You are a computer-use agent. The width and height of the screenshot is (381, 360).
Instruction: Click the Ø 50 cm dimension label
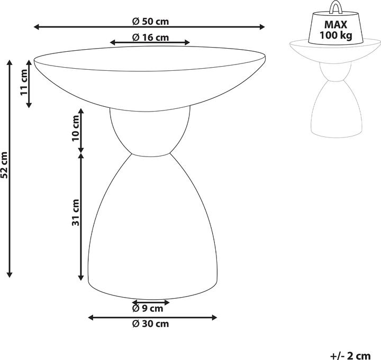tap(150, 22)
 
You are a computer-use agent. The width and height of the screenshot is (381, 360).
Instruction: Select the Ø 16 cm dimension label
tap(150, 37)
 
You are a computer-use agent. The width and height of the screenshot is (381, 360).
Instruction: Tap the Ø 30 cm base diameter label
tap(150, 323)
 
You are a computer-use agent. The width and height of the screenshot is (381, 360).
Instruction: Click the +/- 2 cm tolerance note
tap(350, 355)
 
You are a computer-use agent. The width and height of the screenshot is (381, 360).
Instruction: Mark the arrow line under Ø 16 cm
tap(150, 43)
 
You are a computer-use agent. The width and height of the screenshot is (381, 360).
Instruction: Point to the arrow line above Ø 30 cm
tap(152, 317)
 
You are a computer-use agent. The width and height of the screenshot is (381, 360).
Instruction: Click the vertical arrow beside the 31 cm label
tap(81, 217)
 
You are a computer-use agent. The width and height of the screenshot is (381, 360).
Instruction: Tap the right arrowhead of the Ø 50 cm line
tap(261, 27)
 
